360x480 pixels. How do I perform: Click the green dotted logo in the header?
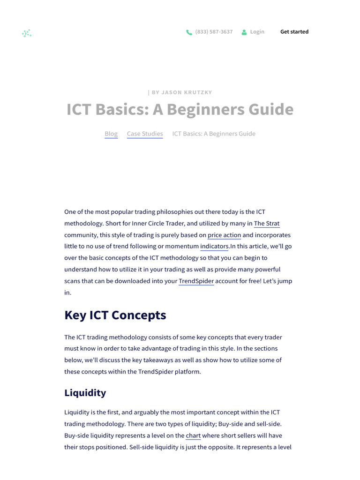[27, 33]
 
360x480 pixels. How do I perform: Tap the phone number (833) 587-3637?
[214, 32]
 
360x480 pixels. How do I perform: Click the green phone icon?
[189, 32]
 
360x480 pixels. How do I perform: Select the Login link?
[257, 32]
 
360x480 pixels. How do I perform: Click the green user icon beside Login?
[244, 32]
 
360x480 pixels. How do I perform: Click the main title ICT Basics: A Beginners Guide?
[180, 109]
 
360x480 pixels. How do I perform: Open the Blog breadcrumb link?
[111, 134]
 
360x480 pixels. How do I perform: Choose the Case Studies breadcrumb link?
[145, 134]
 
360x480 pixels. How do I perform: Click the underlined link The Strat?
[267, 224]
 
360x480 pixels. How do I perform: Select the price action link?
[224, 235]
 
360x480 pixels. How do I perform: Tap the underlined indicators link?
[214, 246]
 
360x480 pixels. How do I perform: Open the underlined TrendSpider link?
[196, 281]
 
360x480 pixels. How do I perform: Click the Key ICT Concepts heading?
[115, 315]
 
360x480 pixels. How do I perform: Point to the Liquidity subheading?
[85, 393]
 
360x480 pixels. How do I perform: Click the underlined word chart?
[193, 435]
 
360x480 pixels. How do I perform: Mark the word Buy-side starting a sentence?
[75, 435]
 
